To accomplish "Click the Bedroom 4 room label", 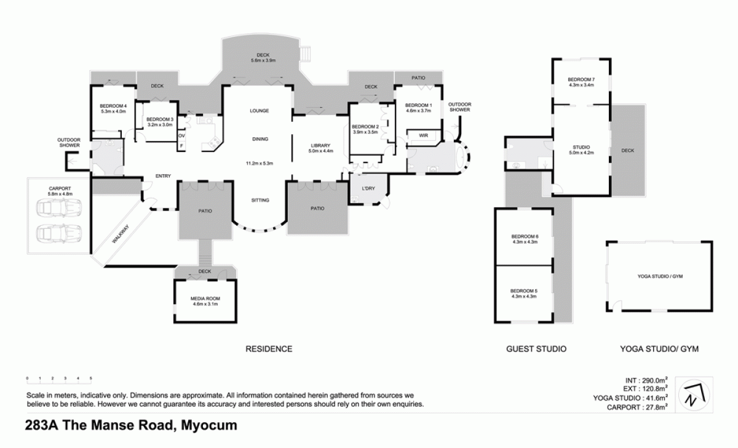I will tap(113, 109).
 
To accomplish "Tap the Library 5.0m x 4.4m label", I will tap(321, 148).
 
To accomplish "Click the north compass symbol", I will tap(696, 393).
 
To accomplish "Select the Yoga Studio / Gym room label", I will tap(660, 276).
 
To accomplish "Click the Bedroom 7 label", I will tap(581, 82).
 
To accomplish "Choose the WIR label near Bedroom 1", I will tap(423, 135).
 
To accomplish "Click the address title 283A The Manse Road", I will tap(131, 425).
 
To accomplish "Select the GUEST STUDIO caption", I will tap(536, 349).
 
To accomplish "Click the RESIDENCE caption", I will tap(269, 349).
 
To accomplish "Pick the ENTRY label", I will tap(163, 177).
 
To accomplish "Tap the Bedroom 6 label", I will tap(525, 239).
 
